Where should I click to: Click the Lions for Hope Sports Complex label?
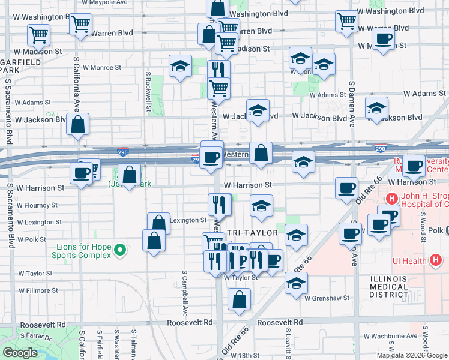tap(85, 251)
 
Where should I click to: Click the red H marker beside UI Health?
tap(436, 260)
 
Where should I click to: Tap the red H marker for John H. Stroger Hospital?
tap(392, 199)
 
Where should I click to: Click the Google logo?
tap(20, 353)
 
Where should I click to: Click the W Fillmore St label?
tap(38, 290)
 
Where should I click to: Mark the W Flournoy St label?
tap(38, 205)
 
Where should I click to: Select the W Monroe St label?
tap(102, 68)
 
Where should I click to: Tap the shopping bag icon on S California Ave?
tap(78, 125)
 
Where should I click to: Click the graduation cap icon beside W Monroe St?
tap(180, 67)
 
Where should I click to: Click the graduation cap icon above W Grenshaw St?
tap(295, 283)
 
